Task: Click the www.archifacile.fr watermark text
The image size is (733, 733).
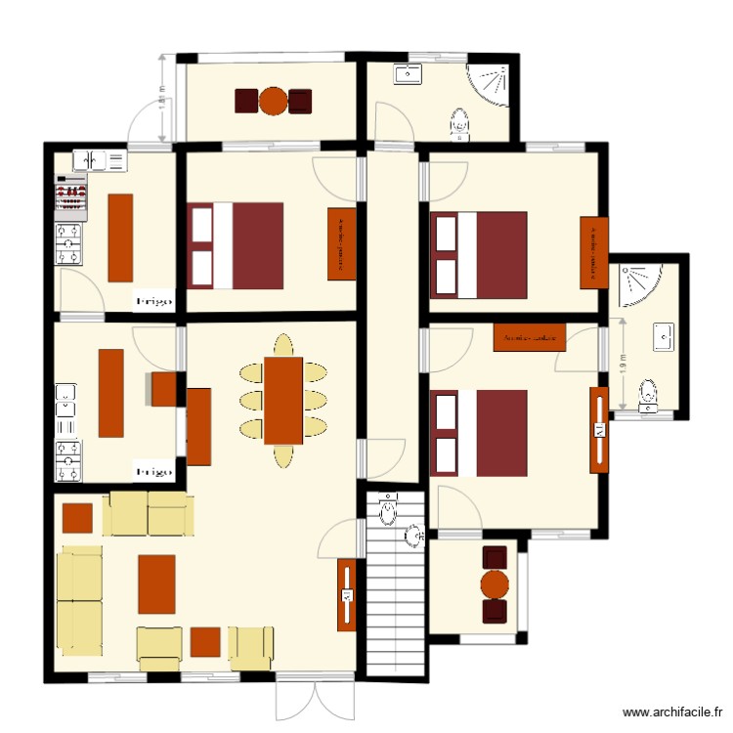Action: pos(673,712)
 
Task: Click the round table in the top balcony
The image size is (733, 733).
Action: pos(274,101)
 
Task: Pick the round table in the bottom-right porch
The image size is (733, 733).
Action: pos(496,584)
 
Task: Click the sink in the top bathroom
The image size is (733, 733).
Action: pos(408,73)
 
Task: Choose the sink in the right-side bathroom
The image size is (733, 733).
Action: pos(664,337)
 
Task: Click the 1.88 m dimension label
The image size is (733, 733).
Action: pos(162,98)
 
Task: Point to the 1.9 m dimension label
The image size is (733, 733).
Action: pos(623,364)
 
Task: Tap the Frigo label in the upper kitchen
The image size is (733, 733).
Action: pos(154,302)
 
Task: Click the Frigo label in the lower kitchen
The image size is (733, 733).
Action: pos(154,471)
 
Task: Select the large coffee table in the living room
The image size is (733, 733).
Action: pos(156,583)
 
